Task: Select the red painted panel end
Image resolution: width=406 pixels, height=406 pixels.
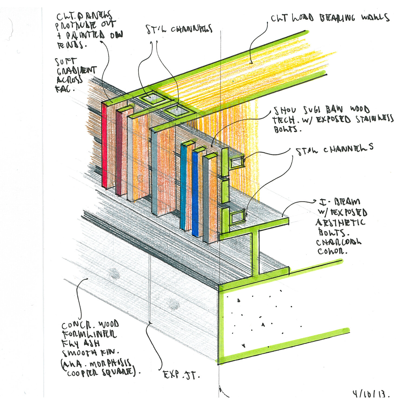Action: click(x=104, y=146)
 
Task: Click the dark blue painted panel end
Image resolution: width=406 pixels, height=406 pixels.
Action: click(x=195, y=192)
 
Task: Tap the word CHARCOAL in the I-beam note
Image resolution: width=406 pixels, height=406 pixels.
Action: click(x=338, y=242)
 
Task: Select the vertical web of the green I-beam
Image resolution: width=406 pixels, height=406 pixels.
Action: click(x=255, y=253)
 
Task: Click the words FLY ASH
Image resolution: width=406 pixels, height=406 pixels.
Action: click(x=81, y=343)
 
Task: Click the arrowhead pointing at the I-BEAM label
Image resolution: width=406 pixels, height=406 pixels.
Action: click(x=315, y=202)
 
